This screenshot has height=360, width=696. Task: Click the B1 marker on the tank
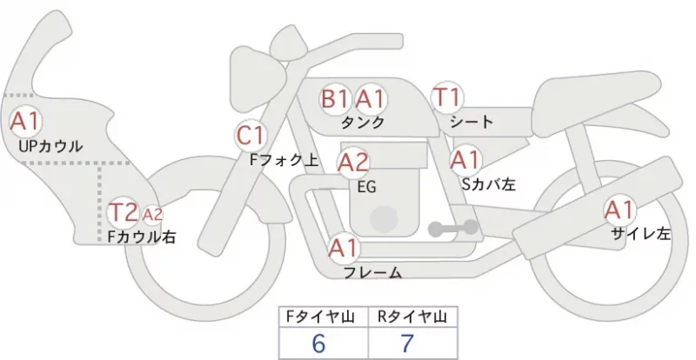click(x=335, y=99)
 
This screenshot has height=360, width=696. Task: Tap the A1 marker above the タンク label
click(x=371, y=99)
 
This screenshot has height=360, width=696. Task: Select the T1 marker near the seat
click(x=447, y=97)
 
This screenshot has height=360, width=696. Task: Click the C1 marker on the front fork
click(x=251, y=136)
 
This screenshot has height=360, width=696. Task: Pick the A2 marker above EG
click(x=354, y=163)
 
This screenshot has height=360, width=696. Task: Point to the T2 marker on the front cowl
click(x=124, y=213)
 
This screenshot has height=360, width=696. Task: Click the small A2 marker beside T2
click(x=153, y=215)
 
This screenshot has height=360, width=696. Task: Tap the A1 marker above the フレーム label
click(x=343, y=248)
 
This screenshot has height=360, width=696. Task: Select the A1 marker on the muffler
click(x=619, y=210)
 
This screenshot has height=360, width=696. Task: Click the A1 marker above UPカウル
click(x=26, y=121)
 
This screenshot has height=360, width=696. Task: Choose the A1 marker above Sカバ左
click(x=466, y=160)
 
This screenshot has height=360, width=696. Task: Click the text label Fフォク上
click(x=284, y=160)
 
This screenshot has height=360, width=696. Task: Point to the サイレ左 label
click(x=641, y=234)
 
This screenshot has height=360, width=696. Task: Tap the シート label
click(x=472, y=122)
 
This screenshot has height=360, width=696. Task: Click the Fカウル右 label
click(x=142, y=237)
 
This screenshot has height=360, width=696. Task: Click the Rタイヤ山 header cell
click(x=412, y=317)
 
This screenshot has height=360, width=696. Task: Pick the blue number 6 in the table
click(x=318, y=343)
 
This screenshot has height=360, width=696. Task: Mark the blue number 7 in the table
click(x=407, y=343)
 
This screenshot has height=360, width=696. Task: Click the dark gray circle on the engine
click(x=384, y=219)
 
